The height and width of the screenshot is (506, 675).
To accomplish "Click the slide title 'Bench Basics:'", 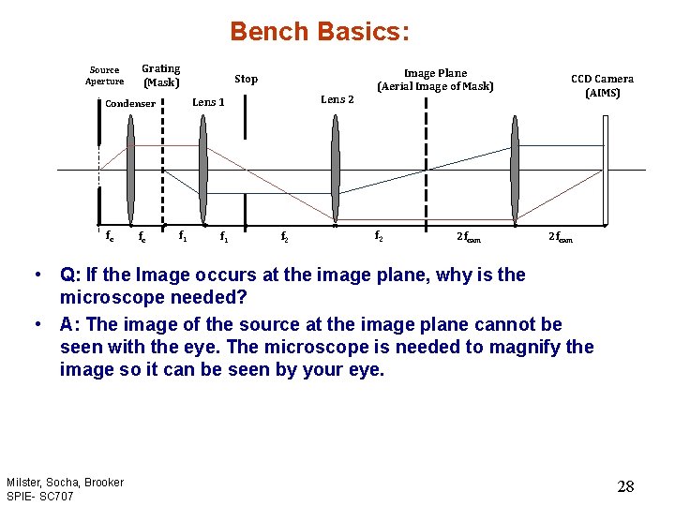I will (320, 32).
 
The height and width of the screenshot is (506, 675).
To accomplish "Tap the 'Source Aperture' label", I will (104, 76).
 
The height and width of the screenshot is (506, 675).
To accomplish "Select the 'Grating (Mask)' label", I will (161, 75).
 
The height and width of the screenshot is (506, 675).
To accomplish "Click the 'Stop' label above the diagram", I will (246, 80).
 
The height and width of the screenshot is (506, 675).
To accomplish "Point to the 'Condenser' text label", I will (130, 104).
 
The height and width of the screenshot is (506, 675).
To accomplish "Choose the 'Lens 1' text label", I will (208, 102).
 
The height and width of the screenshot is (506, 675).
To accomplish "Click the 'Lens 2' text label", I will (337, 99).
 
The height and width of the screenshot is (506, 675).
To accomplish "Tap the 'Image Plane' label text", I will (435, 73).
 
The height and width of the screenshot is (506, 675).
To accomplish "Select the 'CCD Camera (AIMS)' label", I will (602, 86).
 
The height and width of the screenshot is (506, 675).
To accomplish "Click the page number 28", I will (625, 485).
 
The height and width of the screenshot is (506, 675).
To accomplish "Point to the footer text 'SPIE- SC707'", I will (40, 495).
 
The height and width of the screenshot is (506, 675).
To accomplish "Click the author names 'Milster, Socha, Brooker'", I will (65, 482).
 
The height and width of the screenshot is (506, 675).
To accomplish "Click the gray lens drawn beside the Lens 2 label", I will (335, 170).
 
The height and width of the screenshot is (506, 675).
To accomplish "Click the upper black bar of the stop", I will (246, 116).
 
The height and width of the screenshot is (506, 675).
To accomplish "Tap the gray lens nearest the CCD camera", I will (515, 170).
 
